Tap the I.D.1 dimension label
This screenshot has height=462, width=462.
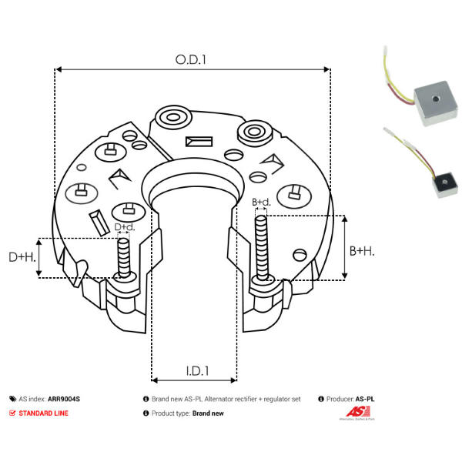coord(196,370)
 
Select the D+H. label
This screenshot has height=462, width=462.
coord(22,256)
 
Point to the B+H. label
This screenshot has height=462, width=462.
coord(363,250)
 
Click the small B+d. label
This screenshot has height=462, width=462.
coord(261,203)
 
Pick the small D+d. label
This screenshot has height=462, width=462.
coord(124,227)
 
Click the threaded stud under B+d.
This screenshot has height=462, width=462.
coord(262,246)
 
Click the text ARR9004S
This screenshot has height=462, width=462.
coord(64,400)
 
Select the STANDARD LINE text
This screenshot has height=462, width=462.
coord(45,413)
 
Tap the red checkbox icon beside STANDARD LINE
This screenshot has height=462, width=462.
coord(12,413)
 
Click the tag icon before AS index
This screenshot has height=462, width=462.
coord(12,400)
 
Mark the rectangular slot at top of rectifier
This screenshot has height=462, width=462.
coord(199,142)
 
